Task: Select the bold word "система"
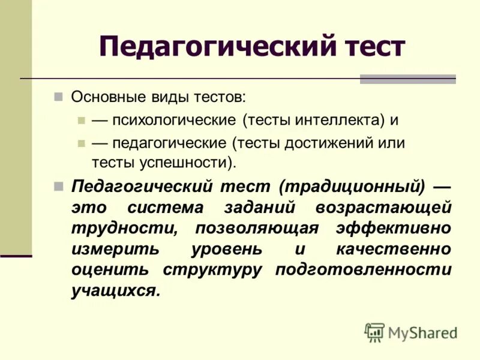[166, 208]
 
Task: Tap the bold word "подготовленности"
[363, 270]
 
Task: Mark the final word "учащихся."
[116, 290]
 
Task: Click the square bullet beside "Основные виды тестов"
[58, 97]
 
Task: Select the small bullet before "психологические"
[82, 119]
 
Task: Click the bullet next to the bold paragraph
[58, 185]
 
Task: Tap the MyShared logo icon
[374, 332]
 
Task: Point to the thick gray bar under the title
[407, 79]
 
